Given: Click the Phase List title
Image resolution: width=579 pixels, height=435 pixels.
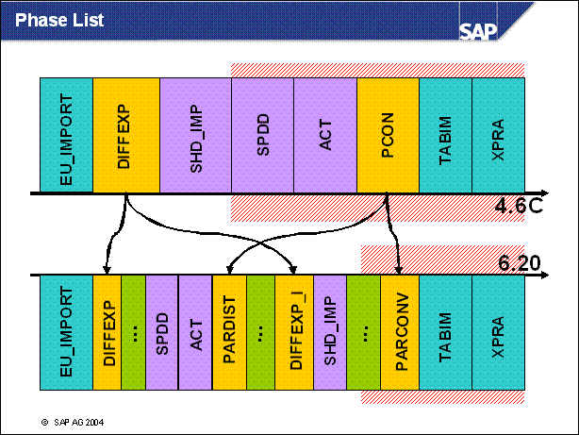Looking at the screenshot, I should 60,19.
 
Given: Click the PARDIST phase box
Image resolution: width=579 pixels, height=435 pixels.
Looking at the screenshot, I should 229,333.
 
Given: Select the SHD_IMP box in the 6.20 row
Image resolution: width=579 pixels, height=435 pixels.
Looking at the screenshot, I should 328,333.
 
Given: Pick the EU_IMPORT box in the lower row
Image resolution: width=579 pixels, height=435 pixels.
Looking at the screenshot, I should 65,333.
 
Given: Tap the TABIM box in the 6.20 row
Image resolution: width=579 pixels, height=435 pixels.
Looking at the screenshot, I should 444,333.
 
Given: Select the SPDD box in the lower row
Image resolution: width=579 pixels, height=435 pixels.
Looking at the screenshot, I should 161,333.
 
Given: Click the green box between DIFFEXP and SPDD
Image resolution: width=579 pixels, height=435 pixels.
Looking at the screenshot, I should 133,333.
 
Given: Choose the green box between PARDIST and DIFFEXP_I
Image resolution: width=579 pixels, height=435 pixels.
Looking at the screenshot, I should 260,333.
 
